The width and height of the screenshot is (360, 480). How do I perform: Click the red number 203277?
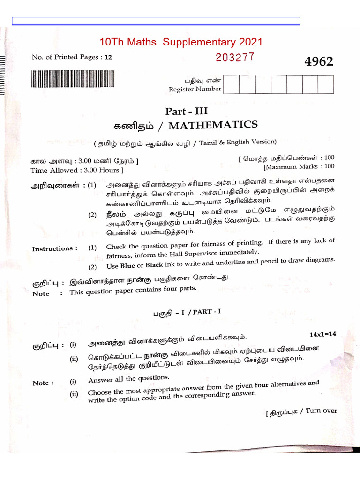click(x=235, y=57)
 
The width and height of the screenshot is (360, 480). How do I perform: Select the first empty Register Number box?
click(x=232, y=85)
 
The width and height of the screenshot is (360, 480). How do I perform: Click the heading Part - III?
click(x=186, y=112)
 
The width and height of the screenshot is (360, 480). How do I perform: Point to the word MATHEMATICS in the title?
click(x=213, y=125)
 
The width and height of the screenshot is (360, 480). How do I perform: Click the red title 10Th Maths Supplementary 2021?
click(x=181, y=42)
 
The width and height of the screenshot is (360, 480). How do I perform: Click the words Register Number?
click(x=195, y=89)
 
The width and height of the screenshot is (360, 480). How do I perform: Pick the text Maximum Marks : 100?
click(x=300, y=166)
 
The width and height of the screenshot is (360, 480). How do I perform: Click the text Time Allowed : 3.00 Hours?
click(x=77, y=170)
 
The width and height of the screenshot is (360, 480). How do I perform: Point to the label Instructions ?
click(x=55, y=248)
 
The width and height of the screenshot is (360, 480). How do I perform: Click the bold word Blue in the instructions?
click(x=127, y=266)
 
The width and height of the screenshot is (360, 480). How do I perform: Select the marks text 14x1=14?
click(x=322, y=334)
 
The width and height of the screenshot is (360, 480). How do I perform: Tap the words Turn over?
click(x=322, y=411)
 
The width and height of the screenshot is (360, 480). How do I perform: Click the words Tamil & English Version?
click(x=237, y=142)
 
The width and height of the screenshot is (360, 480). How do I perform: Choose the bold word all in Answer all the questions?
click(x=119, y=379)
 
